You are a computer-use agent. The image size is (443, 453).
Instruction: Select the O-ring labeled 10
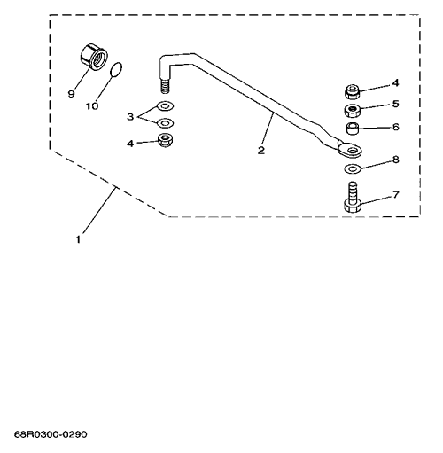pos(116,70)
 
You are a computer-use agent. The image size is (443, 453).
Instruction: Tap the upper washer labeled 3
pos(165,105)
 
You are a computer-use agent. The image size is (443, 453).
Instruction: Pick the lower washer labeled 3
pos(165,122)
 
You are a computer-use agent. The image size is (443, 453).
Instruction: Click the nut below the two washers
pos(166,140)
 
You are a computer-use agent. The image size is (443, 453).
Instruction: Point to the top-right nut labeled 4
pos(353,91)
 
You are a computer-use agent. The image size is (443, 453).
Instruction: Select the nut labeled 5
pos(353,110)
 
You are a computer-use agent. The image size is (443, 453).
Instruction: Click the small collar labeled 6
pos(352,129)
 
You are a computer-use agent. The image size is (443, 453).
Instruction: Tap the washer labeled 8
pos(353,168)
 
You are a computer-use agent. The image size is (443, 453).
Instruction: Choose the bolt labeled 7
pos(353,198)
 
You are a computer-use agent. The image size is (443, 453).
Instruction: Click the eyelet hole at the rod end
pos(352,151)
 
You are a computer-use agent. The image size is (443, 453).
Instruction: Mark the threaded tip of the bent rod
pos(166,86)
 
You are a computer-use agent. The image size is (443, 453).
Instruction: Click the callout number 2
pos(261,150)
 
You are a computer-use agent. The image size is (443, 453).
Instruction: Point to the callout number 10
pos(92,105)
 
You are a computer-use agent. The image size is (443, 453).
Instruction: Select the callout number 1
pos(78,239)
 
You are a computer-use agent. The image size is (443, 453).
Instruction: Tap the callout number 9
pos(71,94)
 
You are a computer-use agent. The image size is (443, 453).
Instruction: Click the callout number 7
pos(396,194)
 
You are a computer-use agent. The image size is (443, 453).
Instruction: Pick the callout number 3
pos(130,117)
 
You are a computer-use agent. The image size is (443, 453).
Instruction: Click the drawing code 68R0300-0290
pos(51,434)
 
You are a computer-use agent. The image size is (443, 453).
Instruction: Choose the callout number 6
pos(396,127)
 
